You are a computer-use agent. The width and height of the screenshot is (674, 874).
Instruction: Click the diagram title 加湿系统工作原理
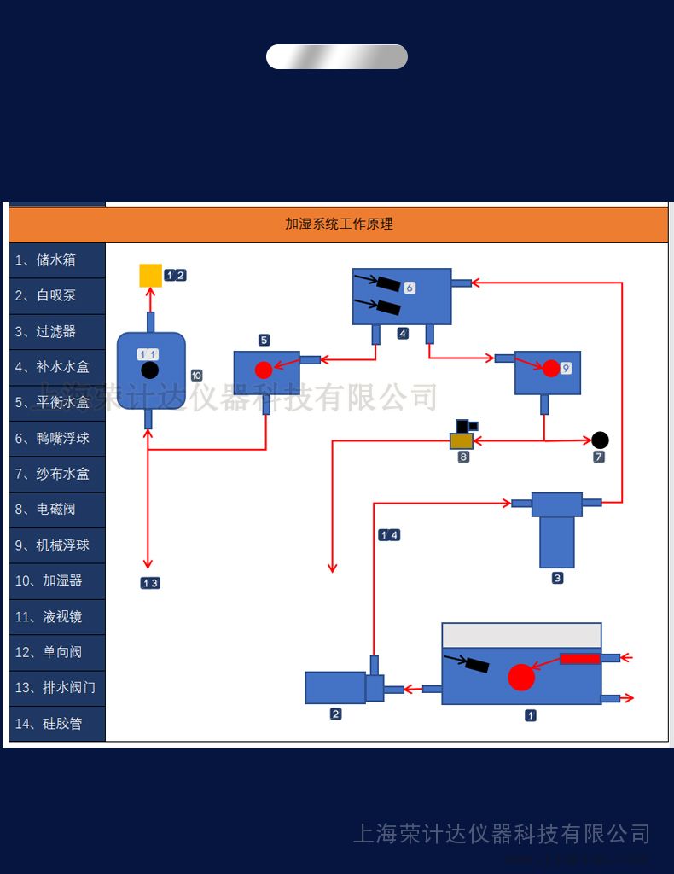click(339, 224)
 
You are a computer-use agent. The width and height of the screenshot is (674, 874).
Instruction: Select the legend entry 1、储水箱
click(56, 260)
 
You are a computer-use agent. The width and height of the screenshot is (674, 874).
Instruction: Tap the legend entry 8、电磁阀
click(56, 509)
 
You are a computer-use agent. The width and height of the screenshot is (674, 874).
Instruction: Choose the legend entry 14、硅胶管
click(56, 724)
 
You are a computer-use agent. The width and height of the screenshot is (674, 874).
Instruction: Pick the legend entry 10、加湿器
click(56, 580)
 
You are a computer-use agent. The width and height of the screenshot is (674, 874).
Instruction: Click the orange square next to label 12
click(150, 275)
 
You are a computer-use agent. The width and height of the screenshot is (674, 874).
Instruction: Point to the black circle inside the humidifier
click(149, 370)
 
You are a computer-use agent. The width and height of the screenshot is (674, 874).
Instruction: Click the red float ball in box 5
click(264, 370)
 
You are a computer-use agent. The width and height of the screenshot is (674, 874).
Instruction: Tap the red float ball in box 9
click(551, 369)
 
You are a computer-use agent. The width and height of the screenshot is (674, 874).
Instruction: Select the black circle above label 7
click(600, 440)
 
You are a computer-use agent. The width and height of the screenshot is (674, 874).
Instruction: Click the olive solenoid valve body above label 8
click(462, 440)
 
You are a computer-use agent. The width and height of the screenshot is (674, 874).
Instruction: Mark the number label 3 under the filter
click(557, 578)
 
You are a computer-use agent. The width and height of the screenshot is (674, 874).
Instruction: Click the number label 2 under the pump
click(335, 714)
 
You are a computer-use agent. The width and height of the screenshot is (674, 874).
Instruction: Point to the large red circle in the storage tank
click(521, 677)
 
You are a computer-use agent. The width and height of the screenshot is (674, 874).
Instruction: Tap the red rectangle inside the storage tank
click(580, 658)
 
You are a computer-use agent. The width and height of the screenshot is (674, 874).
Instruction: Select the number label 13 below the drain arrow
click(150, 583)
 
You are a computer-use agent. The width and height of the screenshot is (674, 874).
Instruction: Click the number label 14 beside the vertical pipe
click(389, 535)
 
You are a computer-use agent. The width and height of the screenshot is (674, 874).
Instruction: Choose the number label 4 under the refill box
click(403, 333)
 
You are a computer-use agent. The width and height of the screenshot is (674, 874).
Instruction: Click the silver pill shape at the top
click(337, 56)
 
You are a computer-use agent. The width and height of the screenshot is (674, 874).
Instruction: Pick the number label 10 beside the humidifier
click(196, 376)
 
